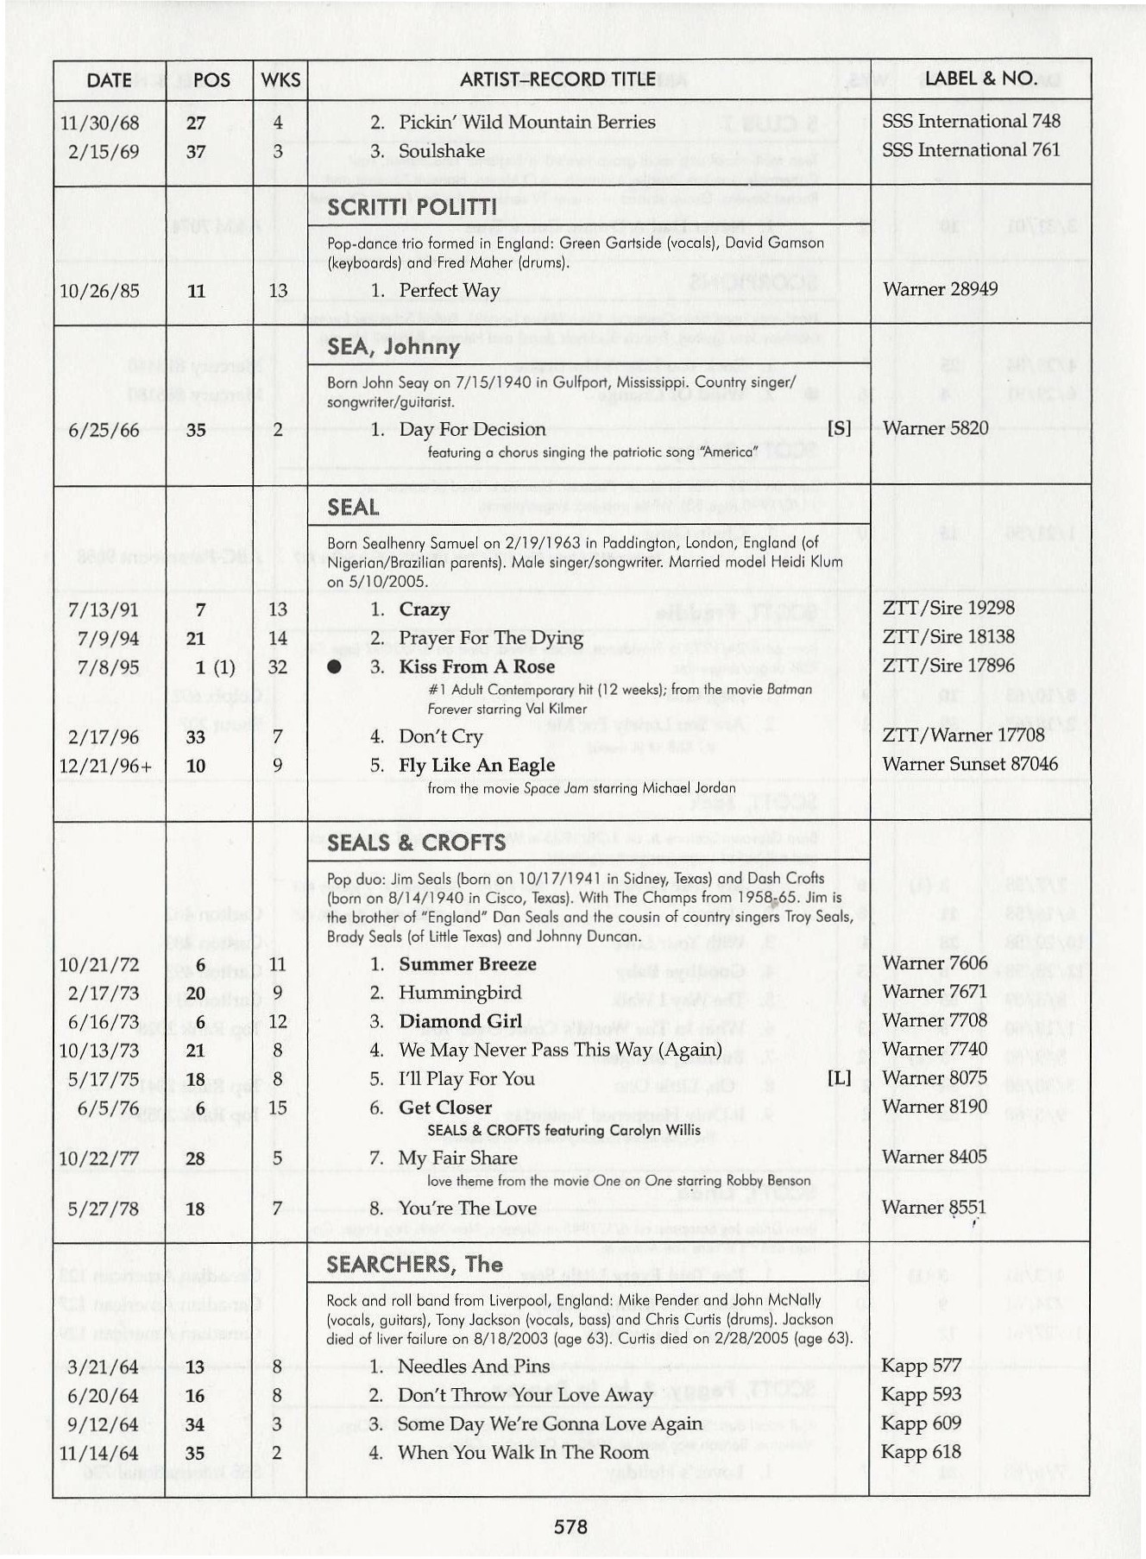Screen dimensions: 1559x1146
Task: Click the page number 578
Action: tap(570, 1526)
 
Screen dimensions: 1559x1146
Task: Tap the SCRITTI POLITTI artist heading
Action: tap(412, 208)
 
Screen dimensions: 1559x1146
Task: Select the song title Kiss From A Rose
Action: tap(476, 667)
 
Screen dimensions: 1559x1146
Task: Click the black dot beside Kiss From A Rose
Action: tap(335, 667)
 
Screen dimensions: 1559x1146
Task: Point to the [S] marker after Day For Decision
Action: tap(839, 428)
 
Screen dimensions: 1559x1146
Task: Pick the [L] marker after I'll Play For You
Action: tap(839, 1078)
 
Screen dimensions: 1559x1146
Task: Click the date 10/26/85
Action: tap(99, 291)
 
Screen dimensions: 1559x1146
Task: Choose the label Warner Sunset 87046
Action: tap(969, 764)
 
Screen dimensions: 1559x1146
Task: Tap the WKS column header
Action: tap(280, 80)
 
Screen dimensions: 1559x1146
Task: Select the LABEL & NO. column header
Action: tap(979, 79)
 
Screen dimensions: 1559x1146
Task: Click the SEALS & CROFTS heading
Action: tap(416, 843)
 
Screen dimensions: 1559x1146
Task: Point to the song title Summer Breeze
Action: tap(467, 964)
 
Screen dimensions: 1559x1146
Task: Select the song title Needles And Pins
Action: tap(473, 1366)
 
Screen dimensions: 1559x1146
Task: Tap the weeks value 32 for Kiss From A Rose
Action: tap(278, 667)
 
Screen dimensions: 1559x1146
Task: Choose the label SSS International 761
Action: tap(970, 150)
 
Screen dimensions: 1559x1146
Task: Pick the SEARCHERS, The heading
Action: tap(414, 1265)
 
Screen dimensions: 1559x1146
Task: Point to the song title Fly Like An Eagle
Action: tap(476, 766)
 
